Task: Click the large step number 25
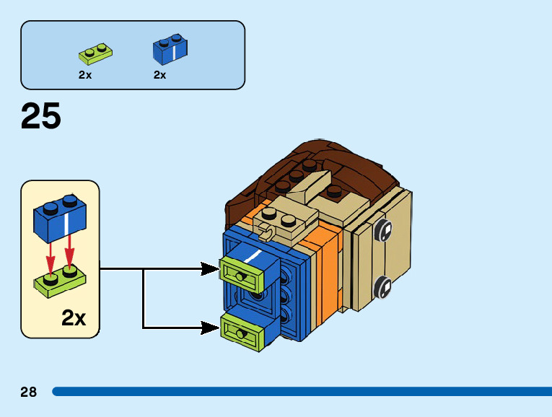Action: click(41, 117)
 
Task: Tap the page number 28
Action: click(29, 392)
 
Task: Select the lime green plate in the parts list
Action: click(97, 54)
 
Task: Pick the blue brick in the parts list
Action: click(171, 49)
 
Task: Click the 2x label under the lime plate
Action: click(85, 75)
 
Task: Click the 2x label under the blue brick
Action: click(160, 75)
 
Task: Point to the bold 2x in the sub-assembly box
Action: click(74, 317)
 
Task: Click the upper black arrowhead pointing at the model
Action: click(210, 269)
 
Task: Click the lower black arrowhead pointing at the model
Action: click(210, 328)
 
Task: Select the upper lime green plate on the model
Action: click(243, 273)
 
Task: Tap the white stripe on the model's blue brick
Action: click(253, 256)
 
